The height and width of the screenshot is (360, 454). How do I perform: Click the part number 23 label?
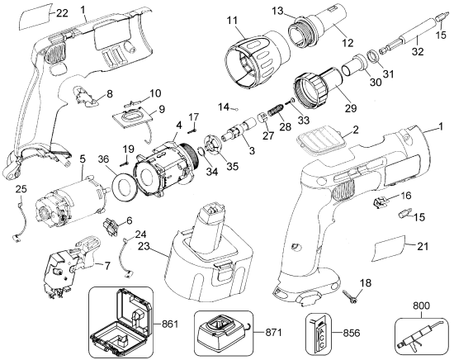coord(144,247)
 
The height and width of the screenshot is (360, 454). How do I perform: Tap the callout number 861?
coord(170,324)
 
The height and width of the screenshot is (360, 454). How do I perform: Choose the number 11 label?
coord(232,21)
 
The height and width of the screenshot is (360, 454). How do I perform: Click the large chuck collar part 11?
coord(258,60)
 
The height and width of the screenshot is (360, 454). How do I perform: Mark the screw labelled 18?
coord(350,296)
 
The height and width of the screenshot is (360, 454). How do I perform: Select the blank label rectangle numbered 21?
coord(389,249)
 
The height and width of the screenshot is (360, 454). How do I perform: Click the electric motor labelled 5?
coord(71,201)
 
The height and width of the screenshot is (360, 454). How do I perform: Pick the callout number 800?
coord(421,306)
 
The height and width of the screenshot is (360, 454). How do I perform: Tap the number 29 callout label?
coord(351,107)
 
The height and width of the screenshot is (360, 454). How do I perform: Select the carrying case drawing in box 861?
coord(121,322)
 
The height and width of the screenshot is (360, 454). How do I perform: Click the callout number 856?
coord(351,333)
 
